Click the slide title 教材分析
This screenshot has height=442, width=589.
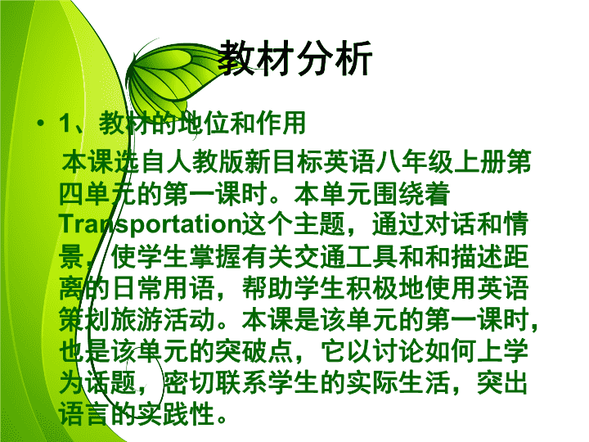pyautogui.click(x=295, y=58)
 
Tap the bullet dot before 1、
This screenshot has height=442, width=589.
pyautogui.click(x=41, y=123)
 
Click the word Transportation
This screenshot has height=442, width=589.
pyautogui.click(x=150, y=225)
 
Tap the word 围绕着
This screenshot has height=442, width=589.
pyautogui.click(x=411, y=194)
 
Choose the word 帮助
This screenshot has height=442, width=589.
pyautogui.click(x=268, y=289)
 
